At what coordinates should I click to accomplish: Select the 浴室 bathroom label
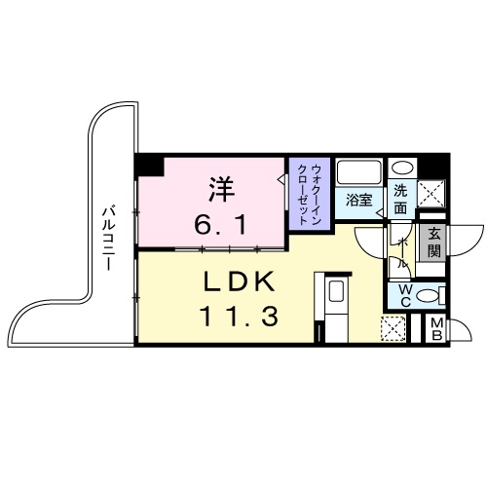359,201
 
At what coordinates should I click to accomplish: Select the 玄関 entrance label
433,240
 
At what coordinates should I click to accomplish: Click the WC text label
402,294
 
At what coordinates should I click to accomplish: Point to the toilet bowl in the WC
434,294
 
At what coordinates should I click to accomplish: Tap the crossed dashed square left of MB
393,331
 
